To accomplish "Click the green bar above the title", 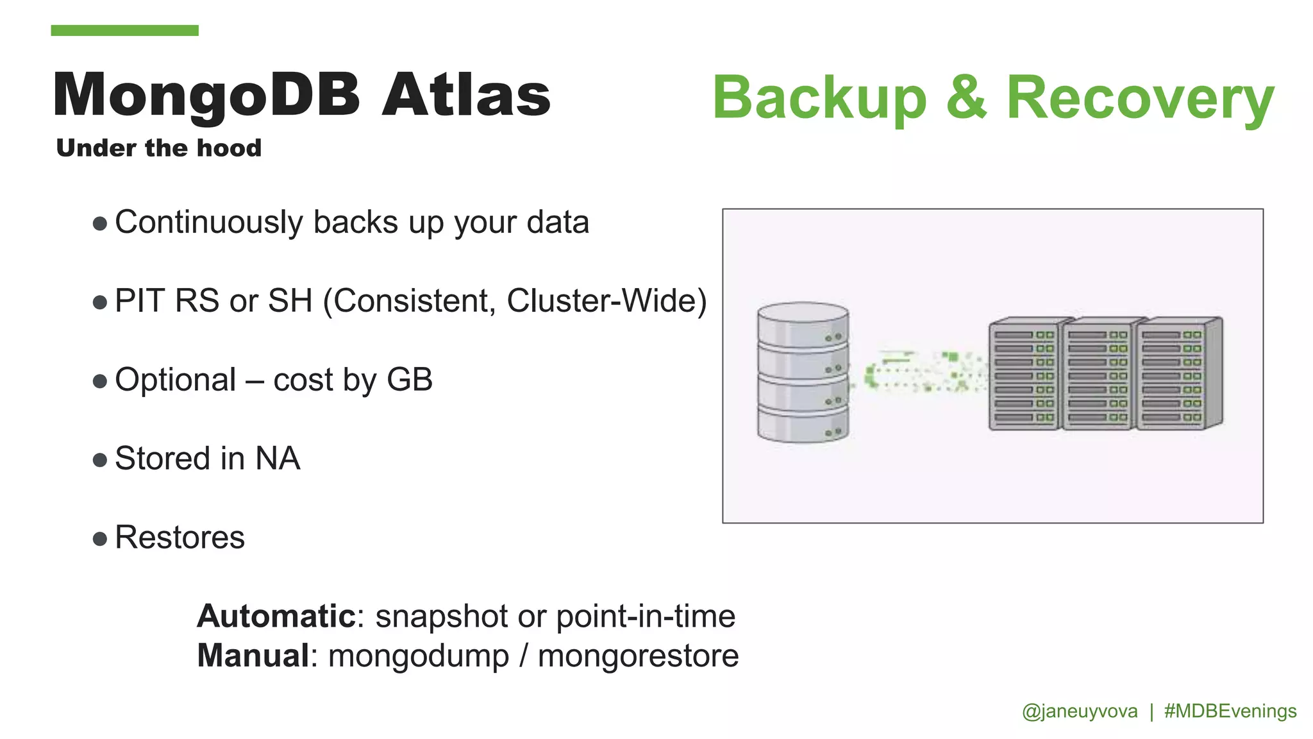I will click(124, 30).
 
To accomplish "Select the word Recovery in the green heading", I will click(1140, 98).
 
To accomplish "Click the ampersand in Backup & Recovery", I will click(966, 98).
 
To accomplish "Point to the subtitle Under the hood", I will click(159, 148).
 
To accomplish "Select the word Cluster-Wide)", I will click(606, 301).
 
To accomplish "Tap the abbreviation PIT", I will click(140, 301).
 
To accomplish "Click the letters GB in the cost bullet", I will click(410, 380).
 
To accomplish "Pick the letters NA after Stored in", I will click(278, 459).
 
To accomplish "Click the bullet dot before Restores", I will click(99, 538).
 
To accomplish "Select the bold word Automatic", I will click(276, 616).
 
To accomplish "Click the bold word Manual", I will click(254, 656).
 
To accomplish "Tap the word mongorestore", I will click(638, 656).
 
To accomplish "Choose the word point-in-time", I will click(646, 616).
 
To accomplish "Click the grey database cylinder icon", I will click(803, 372).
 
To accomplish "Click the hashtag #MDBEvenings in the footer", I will click(1230, 711).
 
